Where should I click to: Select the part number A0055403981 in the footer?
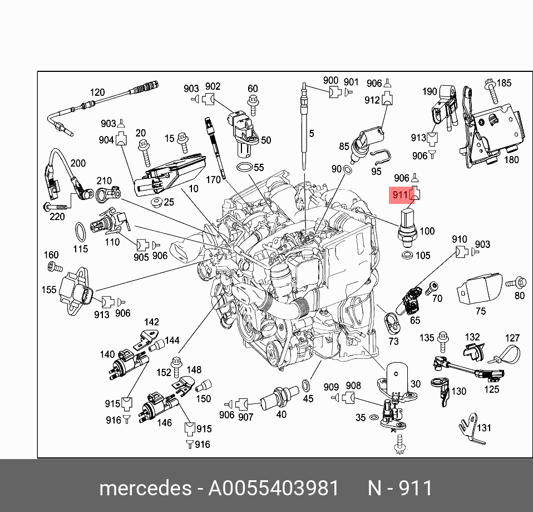click(x=273, y=488)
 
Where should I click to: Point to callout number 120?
click(x=97, y=92)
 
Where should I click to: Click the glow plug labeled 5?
click(x=304, y=128)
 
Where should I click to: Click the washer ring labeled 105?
click(x=407, y=256)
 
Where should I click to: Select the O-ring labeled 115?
click(x=81, y=230)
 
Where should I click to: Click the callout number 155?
click(x=49, y=290)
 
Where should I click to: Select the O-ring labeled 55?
click(x=243, y=167)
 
